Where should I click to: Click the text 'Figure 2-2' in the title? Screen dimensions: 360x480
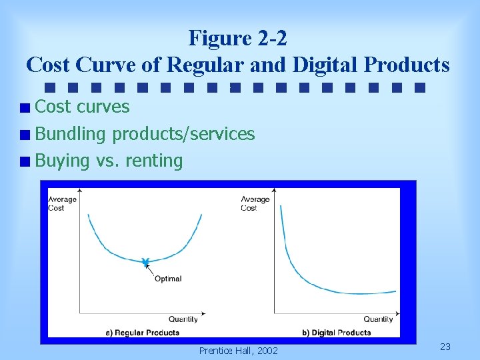coord(238,38)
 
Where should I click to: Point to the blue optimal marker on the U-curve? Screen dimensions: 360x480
coord(145,263)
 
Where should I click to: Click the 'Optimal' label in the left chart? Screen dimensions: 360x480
coord(168,279)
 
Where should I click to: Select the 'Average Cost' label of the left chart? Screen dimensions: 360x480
coord(62,203)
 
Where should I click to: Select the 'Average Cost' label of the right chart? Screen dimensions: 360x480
coord(255,203)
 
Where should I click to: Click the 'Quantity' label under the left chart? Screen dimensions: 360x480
coord(183,319)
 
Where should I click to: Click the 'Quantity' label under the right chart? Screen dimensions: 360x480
coord(378,319)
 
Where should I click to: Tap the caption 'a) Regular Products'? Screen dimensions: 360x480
coord(143,333)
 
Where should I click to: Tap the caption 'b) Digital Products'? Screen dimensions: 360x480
coord(336,333)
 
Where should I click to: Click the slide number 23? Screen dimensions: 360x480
coord(445,347)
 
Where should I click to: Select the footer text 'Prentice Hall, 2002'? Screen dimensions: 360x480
coord(239,351)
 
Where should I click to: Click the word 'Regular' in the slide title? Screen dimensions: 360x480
coord(203,65)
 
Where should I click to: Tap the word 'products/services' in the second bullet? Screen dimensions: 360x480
coord(183,134)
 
